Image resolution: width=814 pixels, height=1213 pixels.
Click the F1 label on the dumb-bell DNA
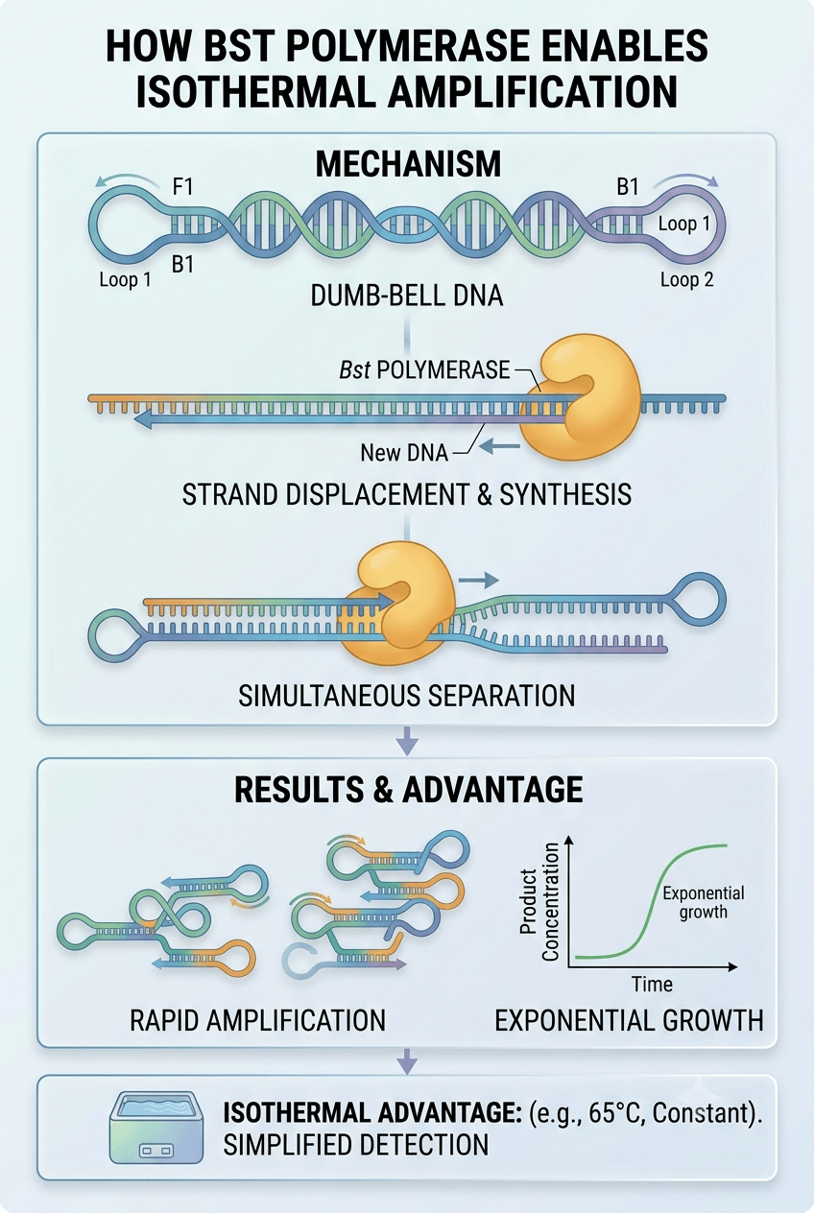click(183, 187)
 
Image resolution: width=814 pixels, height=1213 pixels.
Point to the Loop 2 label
click(686, 279)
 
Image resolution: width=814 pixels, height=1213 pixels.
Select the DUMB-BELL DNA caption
click(407, 297)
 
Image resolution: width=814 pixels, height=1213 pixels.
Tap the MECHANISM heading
click(408, 164)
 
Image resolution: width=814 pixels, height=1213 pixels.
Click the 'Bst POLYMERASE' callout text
click(424, 369)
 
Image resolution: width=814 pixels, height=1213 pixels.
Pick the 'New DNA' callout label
click(404, 453)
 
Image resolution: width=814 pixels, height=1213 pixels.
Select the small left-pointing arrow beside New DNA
click(500, 446)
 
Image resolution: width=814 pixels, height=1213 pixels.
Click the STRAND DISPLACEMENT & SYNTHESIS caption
click(407, 494)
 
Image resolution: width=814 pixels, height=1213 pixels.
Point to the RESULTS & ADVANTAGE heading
click(408, 790)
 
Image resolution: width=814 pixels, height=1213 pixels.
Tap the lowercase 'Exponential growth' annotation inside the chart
click(704, 902)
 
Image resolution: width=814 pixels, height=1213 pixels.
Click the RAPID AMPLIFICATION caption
click(258, 1020)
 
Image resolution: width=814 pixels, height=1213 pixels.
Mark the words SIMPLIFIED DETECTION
click(356, 1145)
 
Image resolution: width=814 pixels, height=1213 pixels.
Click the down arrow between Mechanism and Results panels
click(407, 741)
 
